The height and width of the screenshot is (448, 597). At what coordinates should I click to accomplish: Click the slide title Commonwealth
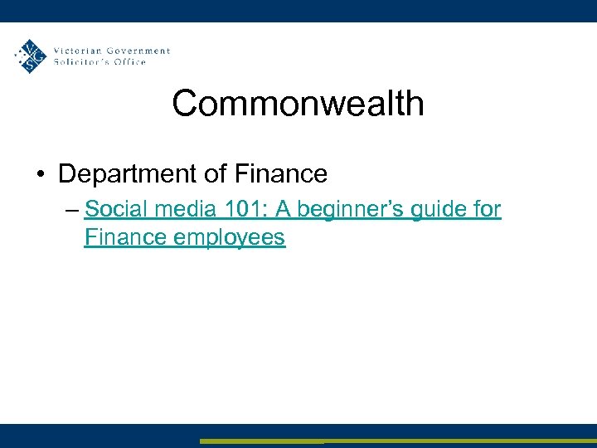298,104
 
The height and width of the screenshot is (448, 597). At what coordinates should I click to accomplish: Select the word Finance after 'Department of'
282,174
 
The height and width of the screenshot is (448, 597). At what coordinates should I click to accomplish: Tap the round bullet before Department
40,175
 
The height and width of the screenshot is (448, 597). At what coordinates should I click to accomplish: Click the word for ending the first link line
487,209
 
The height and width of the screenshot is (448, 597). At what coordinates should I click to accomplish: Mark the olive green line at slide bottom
398,441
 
